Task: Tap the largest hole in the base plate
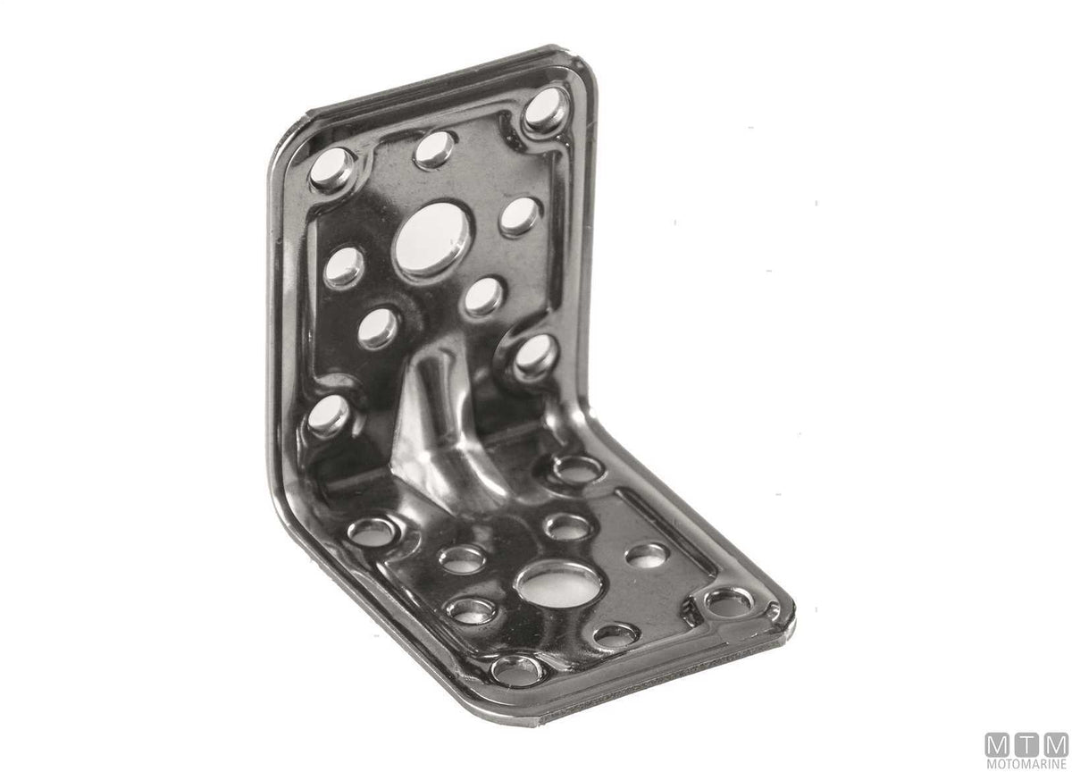(x=558, y=583)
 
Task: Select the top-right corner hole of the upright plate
(x=546, y=110)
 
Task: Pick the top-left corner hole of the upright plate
(x=331, y=169)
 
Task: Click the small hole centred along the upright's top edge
(x=434, y=150)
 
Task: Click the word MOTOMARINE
(x=1026, y=763)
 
